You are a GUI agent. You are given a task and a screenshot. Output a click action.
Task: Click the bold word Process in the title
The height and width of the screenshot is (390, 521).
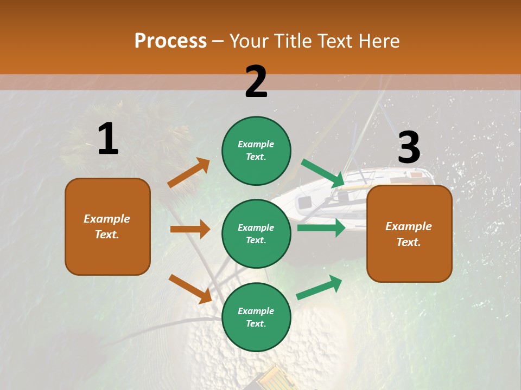[x=170, y=41]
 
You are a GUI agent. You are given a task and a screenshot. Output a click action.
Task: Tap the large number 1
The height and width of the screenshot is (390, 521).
[x=108, y=139]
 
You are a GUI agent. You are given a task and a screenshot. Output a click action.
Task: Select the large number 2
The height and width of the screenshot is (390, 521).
[x=256, y=82]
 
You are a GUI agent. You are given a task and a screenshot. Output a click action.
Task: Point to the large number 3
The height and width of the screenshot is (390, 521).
[x=409, y=147]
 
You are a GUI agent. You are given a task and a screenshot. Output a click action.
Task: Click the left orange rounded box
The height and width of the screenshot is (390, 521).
[x=107, y=226]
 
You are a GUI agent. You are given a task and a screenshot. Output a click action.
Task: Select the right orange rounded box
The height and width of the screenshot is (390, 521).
[x=409, y=233]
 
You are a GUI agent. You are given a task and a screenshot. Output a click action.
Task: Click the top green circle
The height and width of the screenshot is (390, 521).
[x=256, y=151]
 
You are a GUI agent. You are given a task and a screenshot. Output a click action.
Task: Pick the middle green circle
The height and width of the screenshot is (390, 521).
[x=256, y=233]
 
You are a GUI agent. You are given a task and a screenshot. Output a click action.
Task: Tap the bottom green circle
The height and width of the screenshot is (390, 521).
[x=256, y=317]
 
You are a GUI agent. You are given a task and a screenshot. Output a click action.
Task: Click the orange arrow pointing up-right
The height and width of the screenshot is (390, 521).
[x=189, y=173]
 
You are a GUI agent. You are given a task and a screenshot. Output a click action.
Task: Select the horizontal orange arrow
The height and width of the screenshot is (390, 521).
[x=190, y=229]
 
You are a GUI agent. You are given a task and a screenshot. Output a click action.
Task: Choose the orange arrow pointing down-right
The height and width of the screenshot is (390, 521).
[x=190, y=289]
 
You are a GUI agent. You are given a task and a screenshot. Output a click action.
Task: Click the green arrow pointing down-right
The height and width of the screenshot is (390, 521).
[x=323, y=173]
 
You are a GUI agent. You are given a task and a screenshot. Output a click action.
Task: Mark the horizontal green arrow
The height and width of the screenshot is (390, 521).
[x=321, y=228]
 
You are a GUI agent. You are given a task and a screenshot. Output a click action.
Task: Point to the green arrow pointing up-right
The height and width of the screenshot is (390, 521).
[x=319, y=288]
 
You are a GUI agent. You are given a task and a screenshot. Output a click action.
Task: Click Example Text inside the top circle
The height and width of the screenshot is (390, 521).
[x=256, y=151]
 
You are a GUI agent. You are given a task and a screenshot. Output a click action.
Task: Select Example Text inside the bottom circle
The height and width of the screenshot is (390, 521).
[x=256, y=317]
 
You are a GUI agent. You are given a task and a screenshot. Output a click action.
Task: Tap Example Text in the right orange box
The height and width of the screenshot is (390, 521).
[x=409, y=234]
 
